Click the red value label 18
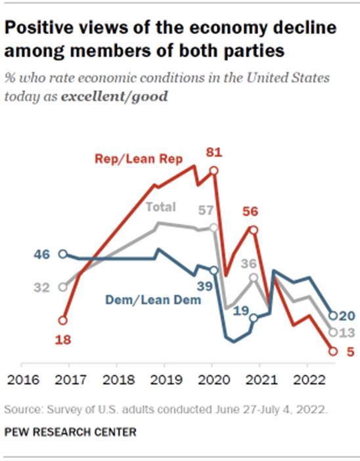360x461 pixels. (62, 340)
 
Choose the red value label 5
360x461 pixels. (350, 351)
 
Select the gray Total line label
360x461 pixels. (161, 207)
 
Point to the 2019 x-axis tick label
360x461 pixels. (164, 380)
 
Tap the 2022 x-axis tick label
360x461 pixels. (307, 380)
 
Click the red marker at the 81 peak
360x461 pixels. (213, 171)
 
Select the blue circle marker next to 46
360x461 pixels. (62, 253)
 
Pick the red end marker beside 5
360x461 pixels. (332, 351)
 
